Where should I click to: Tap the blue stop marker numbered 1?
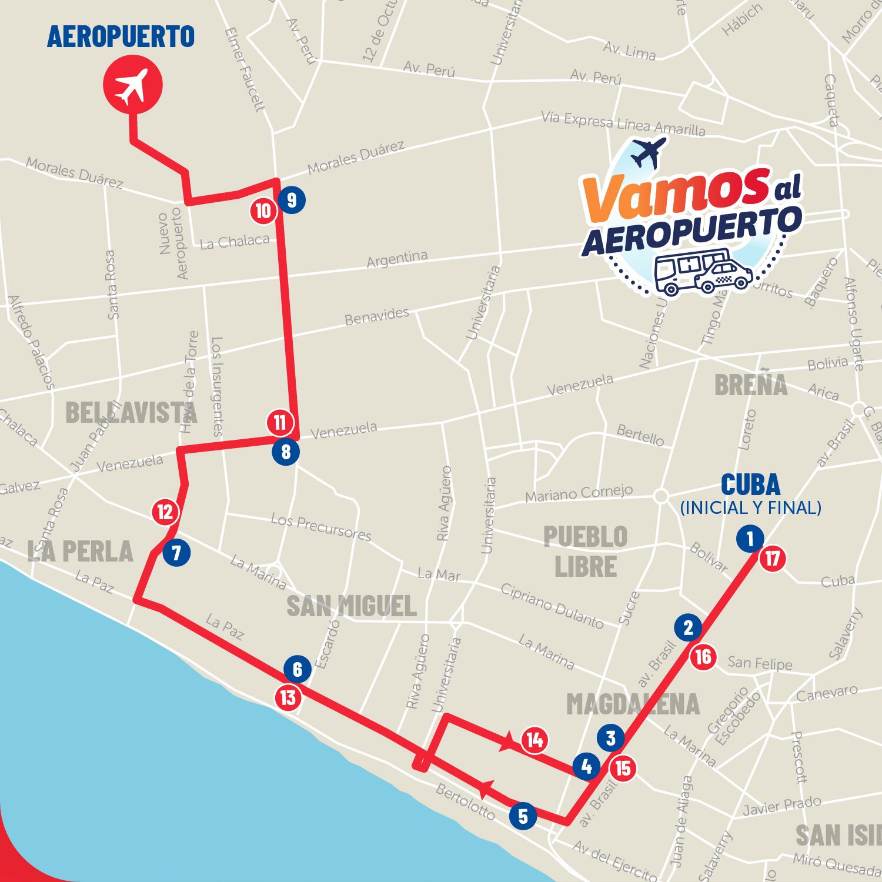tap(750, 538)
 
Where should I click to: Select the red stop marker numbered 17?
tap(772, 559)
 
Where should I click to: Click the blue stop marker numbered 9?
tap(292, 201)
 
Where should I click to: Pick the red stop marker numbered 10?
tap(263, 211)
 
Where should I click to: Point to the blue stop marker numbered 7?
tap(176, 553)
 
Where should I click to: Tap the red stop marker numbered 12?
tap(165, 512)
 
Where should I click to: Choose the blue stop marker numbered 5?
tap(523, 816)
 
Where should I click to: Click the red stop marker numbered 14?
tap(534, 740)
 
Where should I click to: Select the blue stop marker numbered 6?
tap(297, 669)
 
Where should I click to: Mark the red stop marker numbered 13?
tap(288, 698)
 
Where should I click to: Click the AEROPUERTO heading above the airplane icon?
tap(121, 36)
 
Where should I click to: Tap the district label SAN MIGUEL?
tap(351, 606)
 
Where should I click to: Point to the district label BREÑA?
tap(750, 385)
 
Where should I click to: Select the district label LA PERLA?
tap(80, 551)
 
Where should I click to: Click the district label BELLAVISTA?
tap(131, 412)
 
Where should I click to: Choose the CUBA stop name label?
tap(750, 485)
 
